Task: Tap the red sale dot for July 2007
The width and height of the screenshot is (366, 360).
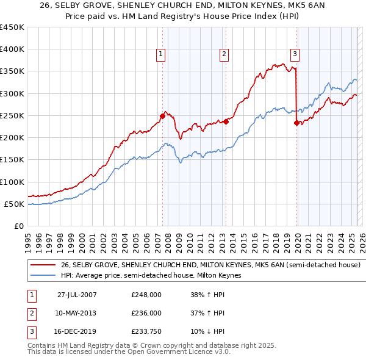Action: [x=163, y=115]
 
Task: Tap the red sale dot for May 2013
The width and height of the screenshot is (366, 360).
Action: [x=226, y=121]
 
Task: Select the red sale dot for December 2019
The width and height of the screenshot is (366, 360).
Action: [x=296, y=122]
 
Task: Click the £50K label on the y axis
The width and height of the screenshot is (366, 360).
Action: [x=15, y=204]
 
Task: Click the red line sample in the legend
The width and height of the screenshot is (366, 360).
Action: [x=43, y=265]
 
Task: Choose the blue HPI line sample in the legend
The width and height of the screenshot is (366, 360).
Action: [x=43, y=276]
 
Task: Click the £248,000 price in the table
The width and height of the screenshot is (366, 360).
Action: [x=146, y=294]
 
